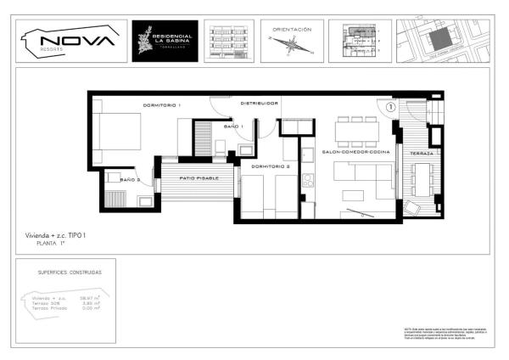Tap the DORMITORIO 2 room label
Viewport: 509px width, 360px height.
tap(271, 166)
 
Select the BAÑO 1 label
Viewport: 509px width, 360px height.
tap(233, 127)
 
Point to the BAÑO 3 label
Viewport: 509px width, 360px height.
tap(129, 181)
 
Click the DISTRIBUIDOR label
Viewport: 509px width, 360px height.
tap(259, 103)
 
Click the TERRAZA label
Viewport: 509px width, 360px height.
tap(421, 153)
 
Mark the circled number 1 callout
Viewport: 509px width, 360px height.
tap(391, 107)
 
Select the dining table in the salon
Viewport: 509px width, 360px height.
tap(357, 131)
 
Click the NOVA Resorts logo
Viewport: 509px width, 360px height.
tap(70, 41)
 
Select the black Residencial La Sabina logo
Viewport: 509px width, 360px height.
tap(165, 41)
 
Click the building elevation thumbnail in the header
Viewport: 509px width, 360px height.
tap(228, 41)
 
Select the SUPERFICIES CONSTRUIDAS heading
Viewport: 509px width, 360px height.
tap(70, 273)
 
